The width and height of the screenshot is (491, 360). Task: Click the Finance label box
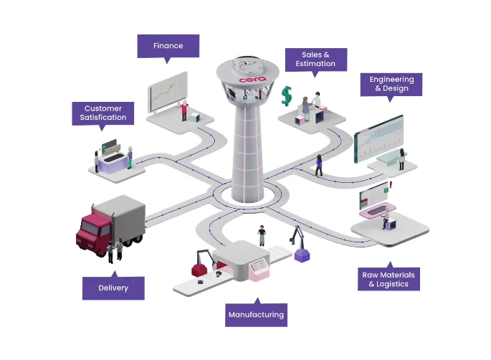[168, 46]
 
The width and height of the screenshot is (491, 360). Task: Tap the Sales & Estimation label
[316, 60]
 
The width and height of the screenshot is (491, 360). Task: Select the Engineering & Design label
[391, 85]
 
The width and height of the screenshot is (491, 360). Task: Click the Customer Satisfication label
[103, 113]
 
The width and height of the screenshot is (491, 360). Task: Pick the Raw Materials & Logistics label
[388, 279]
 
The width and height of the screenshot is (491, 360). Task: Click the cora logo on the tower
[253, 80]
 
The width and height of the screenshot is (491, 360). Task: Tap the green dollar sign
[287, 96]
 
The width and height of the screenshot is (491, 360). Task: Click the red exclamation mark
[391, 185]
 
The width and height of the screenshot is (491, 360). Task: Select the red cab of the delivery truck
[93, 232]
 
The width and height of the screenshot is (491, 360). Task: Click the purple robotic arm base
[302, 255]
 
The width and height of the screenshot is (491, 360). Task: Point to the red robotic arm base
[199, 270]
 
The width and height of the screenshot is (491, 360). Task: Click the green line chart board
[168, 92]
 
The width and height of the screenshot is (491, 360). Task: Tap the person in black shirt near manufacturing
[262, 235]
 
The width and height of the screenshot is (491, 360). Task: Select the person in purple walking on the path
[319, 165]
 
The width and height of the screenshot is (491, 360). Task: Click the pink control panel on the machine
[259, 270]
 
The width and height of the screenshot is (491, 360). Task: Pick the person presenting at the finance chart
[184, 110]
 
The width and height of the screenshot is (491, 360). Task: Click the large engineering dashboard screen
[379, 139]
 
